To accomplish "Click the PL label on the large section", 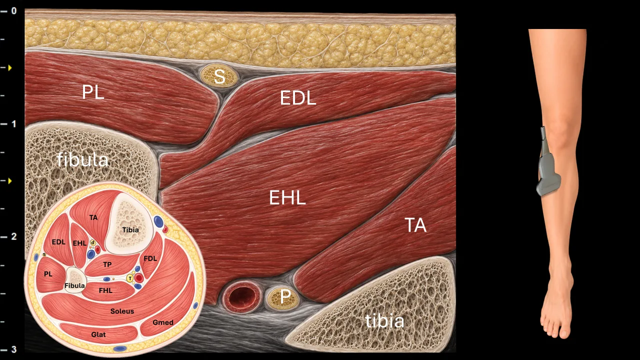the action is point(93,92).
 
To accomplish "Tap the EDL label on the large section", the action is point(298,98).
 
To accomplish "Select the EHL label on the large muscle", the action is point(287,197).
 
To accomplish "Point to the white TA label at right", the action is point(415,225).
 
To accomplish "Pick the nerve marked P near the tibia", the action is point(283,297).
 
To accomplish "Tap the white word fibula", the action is point(82,159).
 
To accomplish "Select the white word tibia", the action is point(384,321).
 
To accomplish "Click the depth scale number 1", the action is point(13,124).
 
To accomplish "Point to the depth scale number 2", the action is point(13,236).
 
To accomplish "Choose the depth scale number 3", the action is point(13,349).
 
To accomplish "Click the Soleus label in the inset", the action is point(122,311).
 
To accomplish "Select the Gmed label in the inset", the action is point(163,322).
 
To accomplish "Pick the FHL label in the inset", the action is point(105,290).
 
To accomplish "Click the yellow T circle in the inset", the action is point(130,278).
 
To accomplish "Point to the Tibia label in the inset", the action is point(130,229).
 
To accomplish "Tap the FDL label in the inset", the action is point(150,258).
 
